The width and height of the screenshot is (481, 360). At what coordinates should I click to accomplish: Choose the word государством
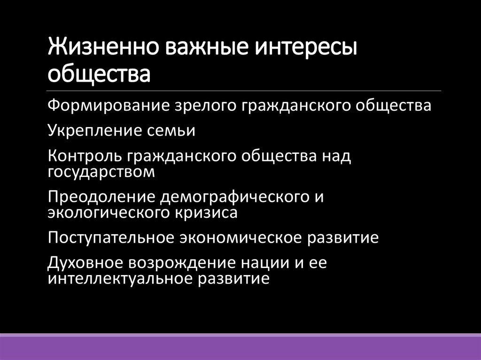(101, 171)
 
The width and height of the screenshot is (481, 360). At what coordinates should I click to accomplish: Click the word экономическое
(241, 237)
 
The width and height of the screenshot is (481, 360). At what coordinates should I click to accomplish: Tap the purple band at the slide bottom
(240, 348)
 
